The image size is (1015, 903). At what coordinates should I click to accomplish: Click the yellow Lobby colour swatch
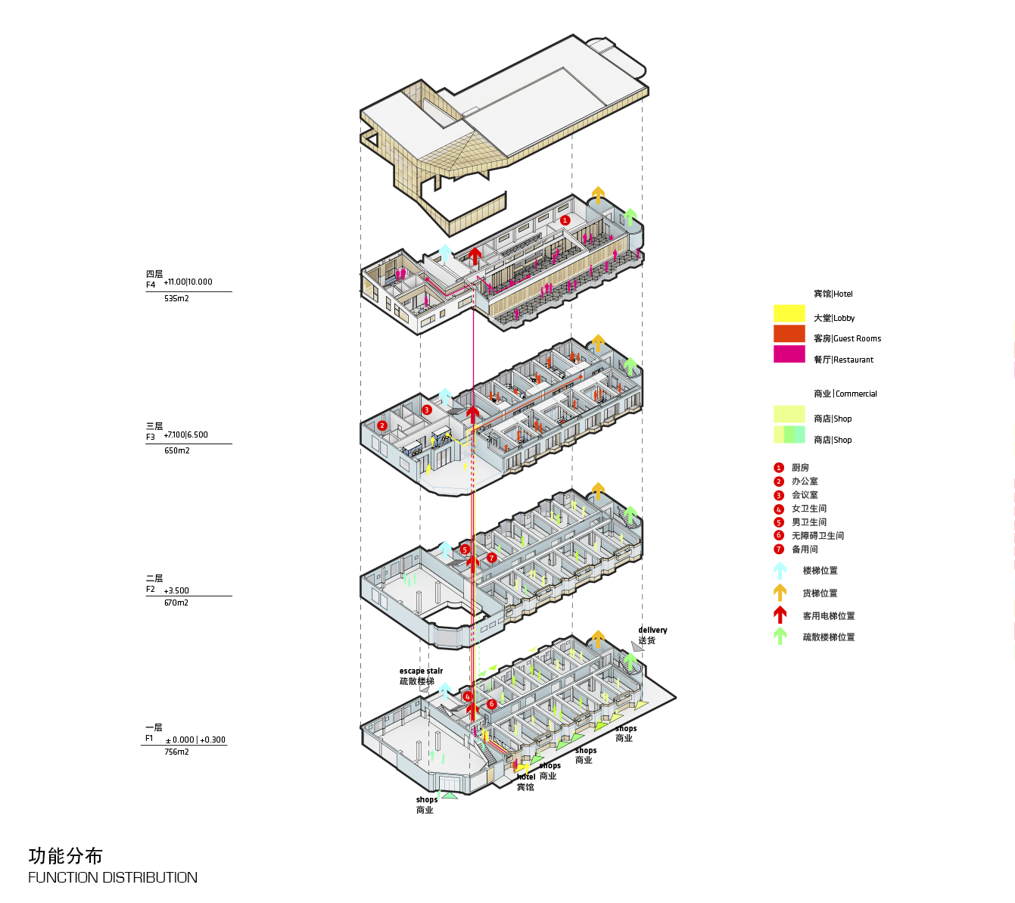[x=789, y=313]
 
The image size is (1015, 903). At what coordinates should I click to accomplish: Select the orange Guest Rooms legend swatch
[x=789, y=334]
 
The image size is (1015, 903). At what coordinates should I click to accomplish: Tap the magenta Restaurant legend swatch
[x=789, y=354]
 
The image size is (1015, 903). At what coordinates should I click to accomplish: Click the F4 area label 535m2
[x=176, y=299]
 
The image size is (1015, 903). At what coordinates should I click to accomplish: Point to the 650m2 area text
[x=177, y=451]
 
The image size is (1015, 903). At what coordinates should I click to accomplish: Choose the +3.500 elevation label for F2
[x=176, y=590]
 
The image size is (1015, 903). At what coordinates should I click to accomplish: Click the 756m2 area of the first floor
[x=176, y=752]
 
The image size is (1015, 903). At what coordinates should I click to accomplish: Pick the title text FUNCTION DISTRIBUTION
[x=113, y=878]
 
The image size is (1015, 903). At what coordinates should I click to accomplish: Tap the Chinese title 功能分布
[x=66, y=856]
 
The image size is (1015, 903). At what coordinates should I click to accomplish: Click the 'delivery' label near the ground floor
[x=652, y=630]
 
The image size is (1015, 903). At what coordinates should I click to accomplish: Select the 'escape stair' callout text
[x=421, y=671]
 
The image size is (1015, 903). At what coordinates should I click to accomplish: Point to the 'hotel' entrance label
[x=526, y=777]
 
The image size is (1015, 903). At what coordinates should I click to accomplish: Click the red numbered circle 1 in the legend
[x=779, y=468]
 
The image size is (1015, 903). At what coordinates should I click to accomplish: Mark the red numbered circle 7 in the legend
[x=779, y=550]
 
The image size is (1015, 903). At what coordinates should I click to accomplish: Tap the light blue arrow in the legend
[x=780, y=571]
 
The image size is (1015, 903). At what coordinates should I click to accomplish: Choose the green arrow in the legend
[x=780, y=637]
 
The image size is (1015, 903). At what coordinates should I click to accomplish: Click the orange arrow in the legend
[x=780, y=593]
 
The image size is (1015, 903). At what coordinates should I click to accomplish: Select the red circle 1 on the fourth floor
[x=565, y=220]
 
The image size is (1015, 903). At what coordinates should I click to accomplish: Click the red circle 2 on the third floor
[x=382, y=425]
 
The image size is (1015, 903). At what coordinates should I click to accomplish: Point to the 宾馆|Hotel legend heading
[x=833, y=294]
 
